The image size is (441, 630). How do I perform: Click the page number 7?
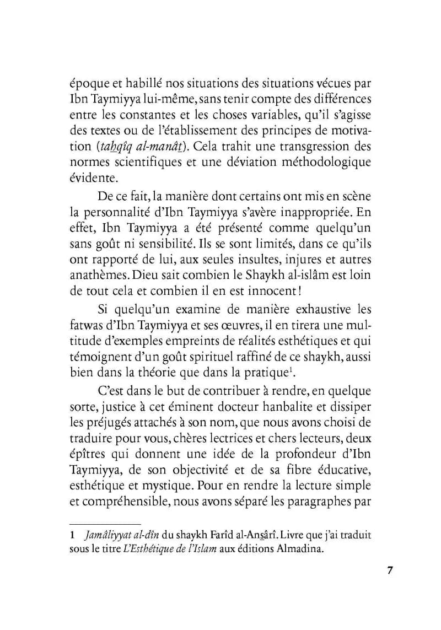(x=389, y=570)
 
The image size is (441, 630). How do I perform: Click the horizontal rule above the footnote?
(x=105, y=524)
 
